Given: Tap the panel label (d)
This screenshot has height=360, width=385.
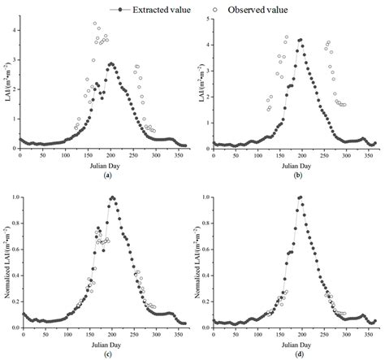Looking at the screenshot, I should (x=292, y=354).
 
